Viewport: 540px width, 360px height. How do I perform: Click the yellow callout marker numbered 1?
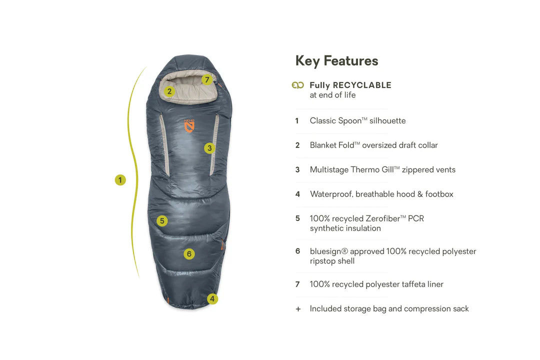point(120,180)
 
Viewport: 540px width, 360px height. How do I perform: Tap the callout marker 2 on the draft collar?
point(169,91)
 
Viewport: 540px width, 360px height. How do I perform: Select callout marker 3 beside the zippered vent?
point(209,148)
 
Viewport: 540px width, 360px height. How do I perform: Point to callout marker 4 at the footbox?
point(212,298)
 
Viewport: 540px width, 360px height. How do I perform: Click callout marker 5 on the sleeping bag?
point(162,221)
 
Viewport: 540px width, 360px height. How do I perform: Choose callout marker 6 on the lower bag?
point(188,254)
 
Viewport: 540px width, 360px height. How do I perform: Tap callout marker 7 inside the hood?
point(207,79)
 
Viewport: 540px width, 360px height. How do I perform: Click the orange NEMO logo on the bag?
point(189,126)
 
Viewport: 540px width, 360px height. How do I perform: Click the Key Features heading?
point(337,61)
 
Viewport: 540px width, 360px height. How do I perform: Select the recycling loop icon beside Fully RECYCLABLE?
point(298,85)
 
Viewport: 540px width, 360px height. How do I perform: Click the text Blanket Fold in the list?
point(332,145)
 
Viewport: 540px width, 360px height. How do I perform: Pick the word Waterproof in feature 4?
point(331,194)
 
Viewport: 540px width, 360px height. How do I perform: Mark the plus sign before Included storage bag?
point(298,309)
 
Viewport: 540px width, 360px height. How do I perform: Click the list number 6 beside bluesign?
point(297,251)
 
